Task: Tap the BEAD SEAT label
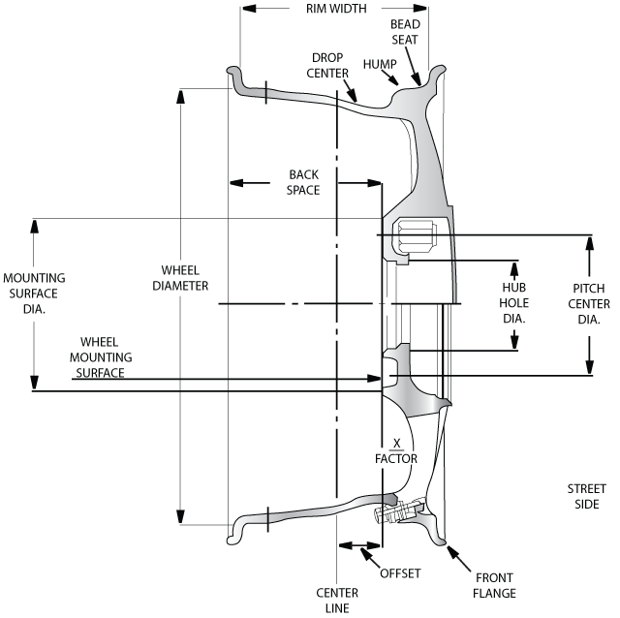(406, 31)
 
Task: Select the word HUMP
(380, 64)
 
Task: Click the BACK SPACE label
(303, 182)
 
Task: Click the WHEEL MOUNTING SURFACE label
(106, 357)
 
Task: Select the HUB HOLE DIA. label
(513, 303)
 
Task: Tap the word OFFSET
(400, 572)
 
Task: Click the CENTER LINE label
(337, 601)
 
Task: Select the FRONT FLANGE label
(494, 585)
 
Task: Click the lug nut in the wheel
(416, 236)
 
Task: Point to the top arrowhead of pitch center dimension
(590, 242)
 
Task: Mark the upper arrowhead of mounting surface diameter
(35, 226)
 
